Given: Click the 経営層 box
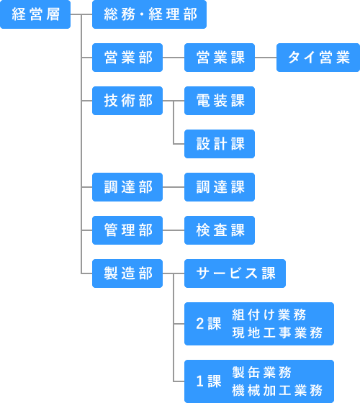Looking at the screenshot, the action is pos(35,14).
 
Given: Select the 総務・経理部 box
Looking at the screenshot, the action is pos(150,14).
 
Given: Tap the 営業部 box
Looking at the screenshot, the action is pos(127,58).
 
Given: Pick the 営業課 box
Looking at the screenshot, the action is pos(220,58).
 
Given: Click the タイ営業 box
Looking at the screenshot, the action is pos(318,58).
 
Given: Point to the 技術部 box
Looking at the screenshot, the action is pos(127,101).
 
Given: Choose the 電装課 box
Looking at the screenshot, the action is pos(220,101).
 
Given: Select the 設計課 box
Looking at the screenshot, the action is pos(220,144).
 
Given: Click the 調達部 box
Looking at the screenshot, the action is pos(127,187).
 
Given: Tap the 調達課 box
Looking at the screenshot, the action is pos(220,187).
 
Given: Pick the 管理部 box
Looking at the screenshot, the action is pos(127,230).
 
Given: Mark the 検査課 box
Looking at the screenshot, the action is pos(220,230).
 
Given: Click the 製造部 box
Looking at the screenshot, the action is pos(127,273).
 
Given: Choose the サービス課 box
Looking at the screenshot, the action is pos(235,273).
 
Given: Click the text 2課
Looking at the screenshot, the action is pos(209,324).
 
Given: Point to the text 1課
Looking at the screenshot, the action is pos(209,381).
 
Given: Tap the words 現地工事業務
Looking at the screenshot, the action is pos(277,332).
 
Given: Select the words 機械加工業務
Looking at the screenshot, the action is pos(277,390).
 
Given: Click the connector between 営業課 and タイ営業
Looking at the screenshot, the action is pos(266,58).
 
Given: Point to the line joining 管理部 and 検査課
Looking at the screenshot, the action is pos(174,230).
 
